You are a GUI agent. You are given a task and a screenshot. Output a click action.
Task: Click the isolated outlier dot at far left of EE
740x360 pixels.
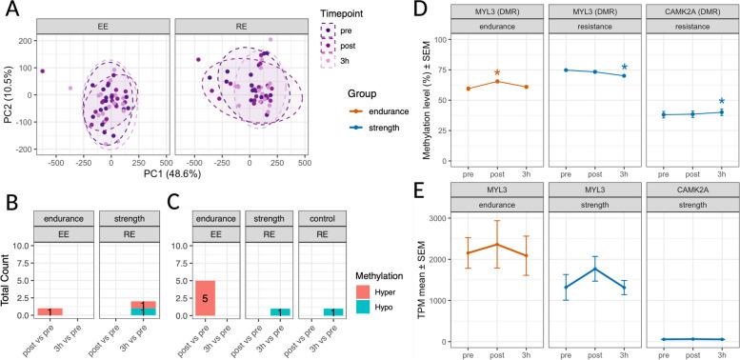point(42,70)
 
